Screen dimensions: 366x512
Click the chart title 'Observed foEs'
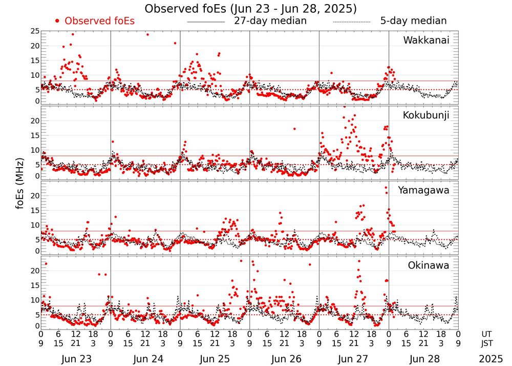[251, 9]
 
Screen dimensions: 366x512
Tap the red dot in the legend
[57, 21]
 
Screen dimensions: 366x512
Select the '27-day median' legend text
[270, 21]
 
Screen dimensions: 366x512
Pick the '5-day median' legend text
[413, 21]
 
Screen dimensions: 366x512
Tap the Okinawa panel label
[429, 266]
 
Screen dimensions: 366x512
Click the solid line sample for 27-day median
[206, 22]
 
